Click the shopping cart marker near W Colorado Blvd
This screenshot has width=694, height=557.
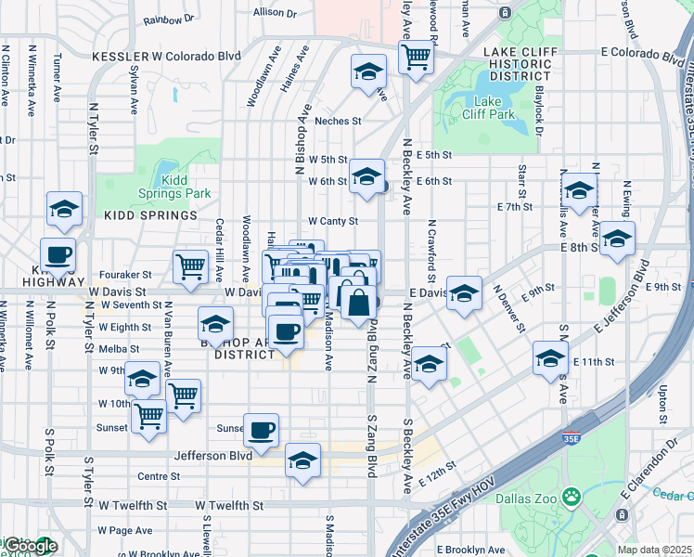click(417, 57)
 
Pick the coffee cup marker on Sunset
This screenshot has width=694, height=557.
click(262, 430)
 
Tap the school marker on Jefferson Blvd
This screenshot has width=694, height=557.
click(302, 460)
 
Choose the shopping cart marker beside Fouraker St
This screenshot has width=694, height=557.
click(190, 266)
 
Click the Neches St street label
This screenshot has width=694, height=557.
click(337, 122)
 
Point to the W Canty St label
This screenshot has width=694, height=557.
click(333, 221)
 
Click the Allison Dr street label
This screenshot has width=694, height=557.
click(275, 14)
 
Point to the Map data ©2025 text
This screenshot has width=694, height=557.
click(655, 550)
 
